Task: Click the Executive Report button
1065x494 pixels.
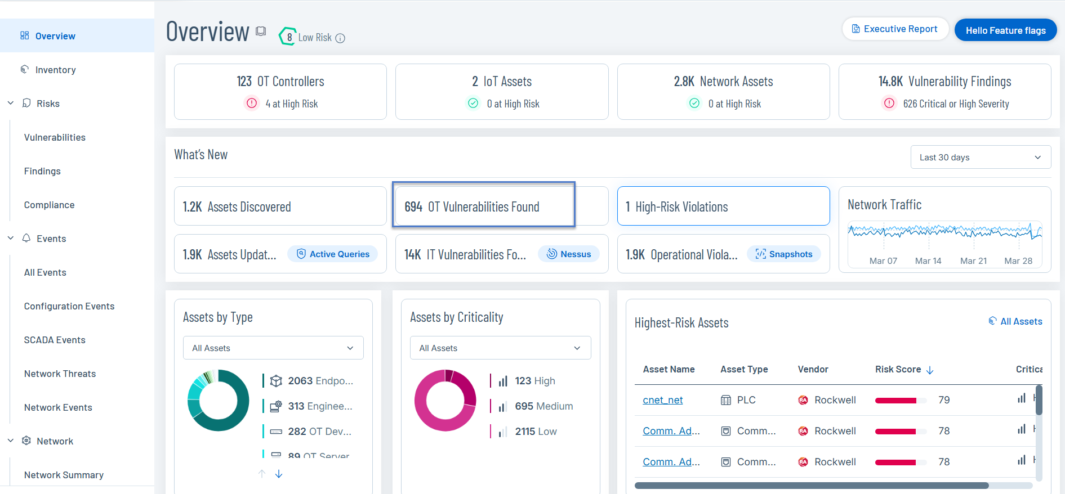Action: pyautogui.click(x=895, y=29)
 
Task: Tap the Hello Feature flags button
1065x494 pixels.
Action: pyautogui.click(x=1005, y=30)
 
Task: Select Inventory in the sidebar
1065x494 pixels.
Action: pyautogui.click(x=55, y=70)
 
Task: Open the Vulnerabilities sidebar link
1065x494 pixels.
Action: pyautogui.click(x=55, y=137)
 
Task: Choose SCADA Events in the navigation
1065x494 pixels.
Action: pyautogui.click(x=55, y=340)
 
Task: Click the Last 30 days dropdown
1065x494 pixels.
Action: pyautogui.click(x=980, y=158)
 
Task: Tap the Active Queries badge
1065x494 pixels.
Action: pyautogui.click(x=333, y=254)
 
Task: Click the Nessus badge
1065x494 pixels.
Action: pyautogui.click(x=569, y=254)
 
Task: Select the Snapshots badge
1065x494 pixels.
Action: pyautogui.click(x=784, y=254)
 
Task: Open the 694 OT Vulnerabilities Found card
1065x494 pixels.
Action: pyautogui.click(x=483, y=206)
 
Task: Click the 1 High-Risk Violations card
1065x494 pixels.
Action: pyautogui.click(x=723, y=206)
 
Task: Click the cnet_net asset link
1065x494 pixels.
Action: pyautogui.click(x=662, y=400)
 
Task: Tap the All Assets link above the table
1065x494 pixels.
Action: pyautogui.click(x=1015, y=321)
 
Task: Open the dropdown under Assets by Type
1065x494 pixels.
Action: pyautogui.click(x=273, y=348)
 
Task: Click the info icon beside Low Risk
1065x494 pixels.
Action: pyautogui.click(x=340, y=38)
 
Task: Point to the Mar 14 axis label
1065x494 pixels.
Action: pyautogui.click(x=928, y=261)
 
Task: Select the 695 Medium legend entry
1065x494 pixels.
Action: pyautogui.click(x=543, y=406)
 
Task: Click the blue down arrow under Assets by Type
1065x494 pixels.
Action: pyautogui.click(x=279, y=474)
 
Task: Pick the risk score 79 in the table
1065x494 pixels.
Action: pyautogui.click(x=944, y=400)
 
